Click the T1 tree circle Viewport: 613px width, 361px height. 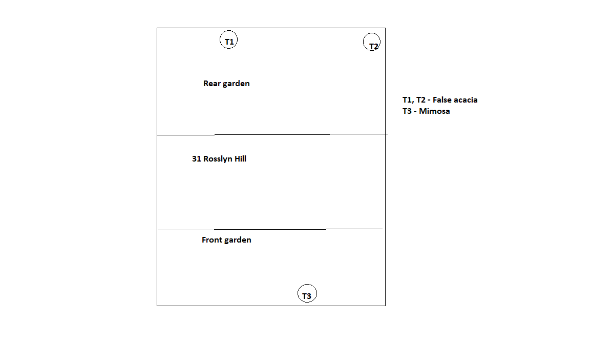(220, 40)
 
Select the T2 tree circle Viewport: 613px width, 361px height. (364, 42)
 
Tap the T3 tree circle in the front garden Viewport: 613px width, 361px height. (298, 293)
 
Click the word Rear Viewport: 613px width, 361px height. (212, 84)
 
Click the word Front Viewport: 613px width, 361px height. (212, 239)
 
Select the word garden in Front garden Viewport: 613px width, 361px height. (238, 240)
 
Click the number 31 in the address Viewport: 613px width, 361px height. (196, 158)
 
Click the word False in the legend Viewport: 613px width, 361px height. (442, 100)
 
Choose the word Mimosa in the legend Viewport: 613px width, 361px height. (434, 111)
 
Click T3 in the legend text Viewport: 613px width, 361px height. (407, 111)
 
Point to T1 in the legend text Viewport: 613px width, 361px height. (407, 100)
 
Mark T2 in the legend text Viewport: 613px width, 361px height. (420, 100)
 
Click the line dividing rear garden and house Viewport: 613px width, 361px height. (272, 134)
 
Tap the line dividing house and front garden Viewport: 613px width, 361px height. (270, 229)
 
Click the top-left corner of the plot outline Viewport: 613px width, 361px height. (157, 28)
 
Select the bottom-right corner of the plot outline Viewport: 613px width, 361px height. (386, 306)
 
